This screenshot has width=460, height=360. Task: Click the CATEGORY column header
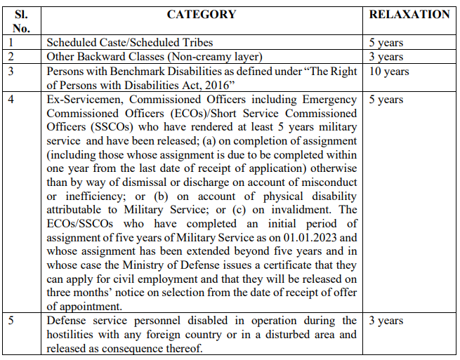[x=202, y=14]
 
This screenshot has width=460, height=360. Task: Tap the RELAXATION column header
[x=409, y=14]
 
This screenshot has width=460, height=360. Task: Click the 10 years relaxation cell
[x=389, y=71]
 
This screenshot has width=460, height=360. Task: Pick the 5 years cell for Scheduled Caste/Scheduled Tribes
[x=386, y=43]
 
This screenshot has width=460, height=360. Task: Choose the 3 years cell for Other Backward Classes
[x=386, y=57]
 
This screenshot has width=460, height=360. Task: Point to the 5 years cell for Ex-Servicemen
[x=386, y=100]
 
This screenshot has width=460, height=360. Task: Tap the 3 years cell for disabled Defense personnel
[x=386, y=321]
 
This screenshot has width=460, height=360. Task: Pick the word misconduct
[x=329, y=182]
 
